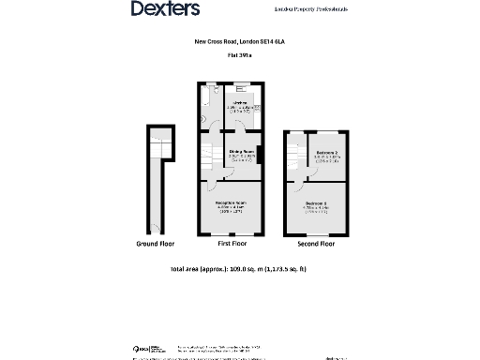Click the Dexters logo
165,8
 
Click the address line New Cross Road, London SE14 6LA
239,42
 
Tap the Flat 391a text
239,55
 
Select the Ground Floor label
156,244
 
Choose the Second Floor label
315,244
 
